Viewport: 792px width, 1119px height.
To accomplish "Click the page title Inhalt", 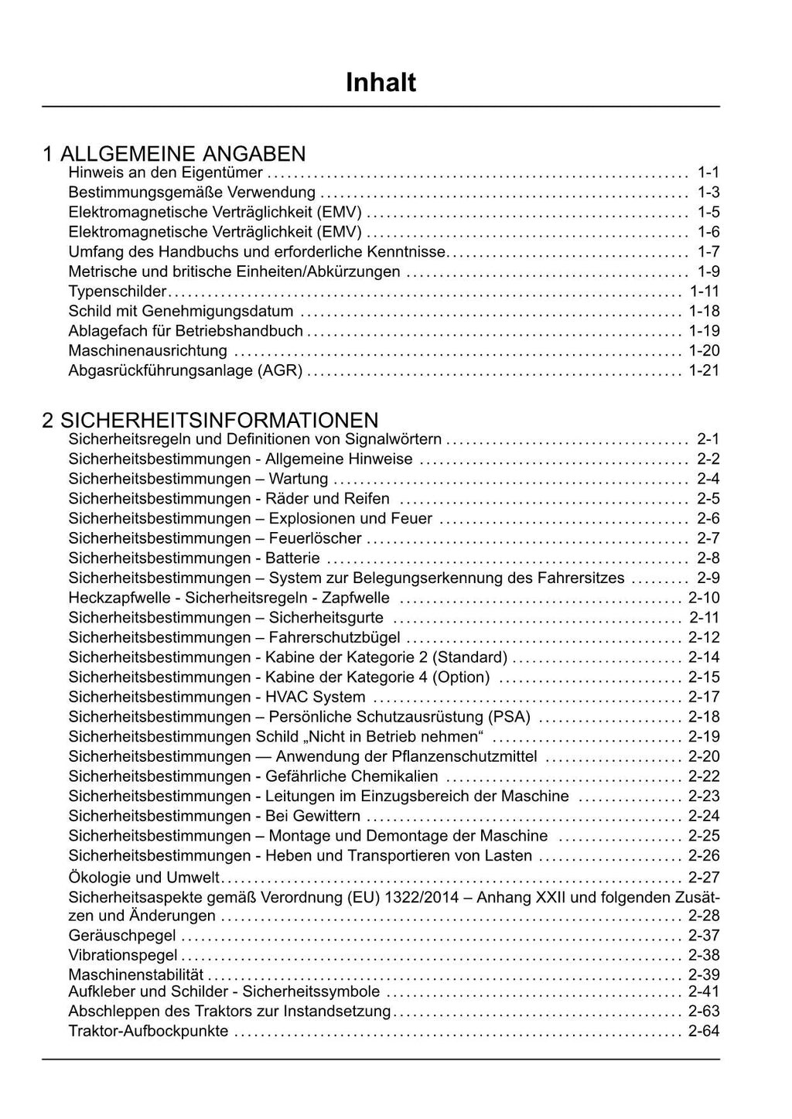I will (x=381, y=83).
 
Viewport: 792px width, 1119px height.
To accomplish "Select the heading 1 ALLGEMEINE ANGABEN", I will (x=174, y=154).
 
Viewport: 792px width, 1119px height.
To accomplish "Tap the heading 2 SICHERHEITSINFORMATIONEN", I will (x=210, y=420).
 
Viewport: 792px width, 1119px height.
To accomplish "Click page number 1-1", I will (x=708, y=172).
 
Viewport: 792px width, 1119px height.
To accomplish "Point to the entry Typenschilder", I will (x=118, y=292).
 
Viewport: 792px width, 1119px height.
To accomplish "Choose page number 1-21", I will (x=704, y=370).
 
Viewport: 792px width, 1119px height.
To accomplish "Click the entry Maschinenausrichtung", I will (x=148, y=350).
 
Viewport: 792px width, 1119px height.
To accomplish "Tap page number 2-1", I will (x=708, y=439).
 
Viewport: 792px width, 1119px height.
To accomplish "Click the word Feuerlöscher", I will (x=315, y=538).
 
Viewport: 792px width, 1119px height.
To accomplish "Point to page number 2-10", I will (x=704, y=598).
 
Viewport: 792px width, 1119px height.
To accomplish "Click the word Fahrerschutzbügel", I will (x=334, y=638).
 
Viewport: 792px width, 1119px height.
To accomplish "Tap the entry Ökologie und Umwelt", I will (x=144, y=877).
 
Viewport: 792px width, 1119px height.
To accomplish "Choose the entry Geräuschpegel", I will (x=122, y=936).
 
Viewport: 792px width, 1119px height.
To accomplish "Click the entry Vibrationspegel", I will (x=123, y=955).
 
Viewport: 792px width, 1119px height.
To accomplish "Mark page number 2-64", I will (x=704, y=1031).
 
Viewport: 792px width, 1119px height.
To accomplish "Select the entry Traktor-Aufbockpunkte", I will (x=148, y=1031).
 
